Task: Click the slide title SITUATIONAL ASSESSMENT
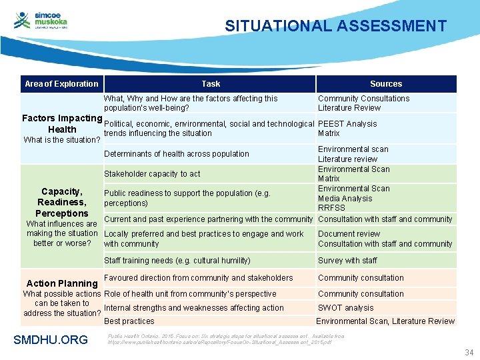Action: coord(335,26)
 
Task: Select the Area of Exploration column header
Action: coord(61,84)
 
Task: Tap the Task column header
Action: coord(211,84)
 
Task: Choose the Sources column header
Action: coord(386,84)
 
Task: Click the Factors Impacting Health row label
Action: coord(61,124)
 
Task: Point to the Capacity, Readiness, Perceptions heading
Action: coord(62,202)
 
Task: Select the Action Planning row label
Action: coord(61,283)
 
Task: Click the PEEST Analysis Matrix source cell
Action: coord(347,129)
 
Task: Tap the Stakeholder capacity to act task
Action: coord(152,174)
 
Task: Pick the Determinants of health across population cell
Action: coord(177,154)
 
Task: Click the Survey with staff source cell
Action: coord(347,261)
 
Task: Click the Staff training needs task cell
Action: coord(177,261)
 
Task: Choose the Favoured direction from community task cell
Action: coord(199,278)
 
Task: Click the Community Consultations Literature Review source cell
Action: coord(363,103)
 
